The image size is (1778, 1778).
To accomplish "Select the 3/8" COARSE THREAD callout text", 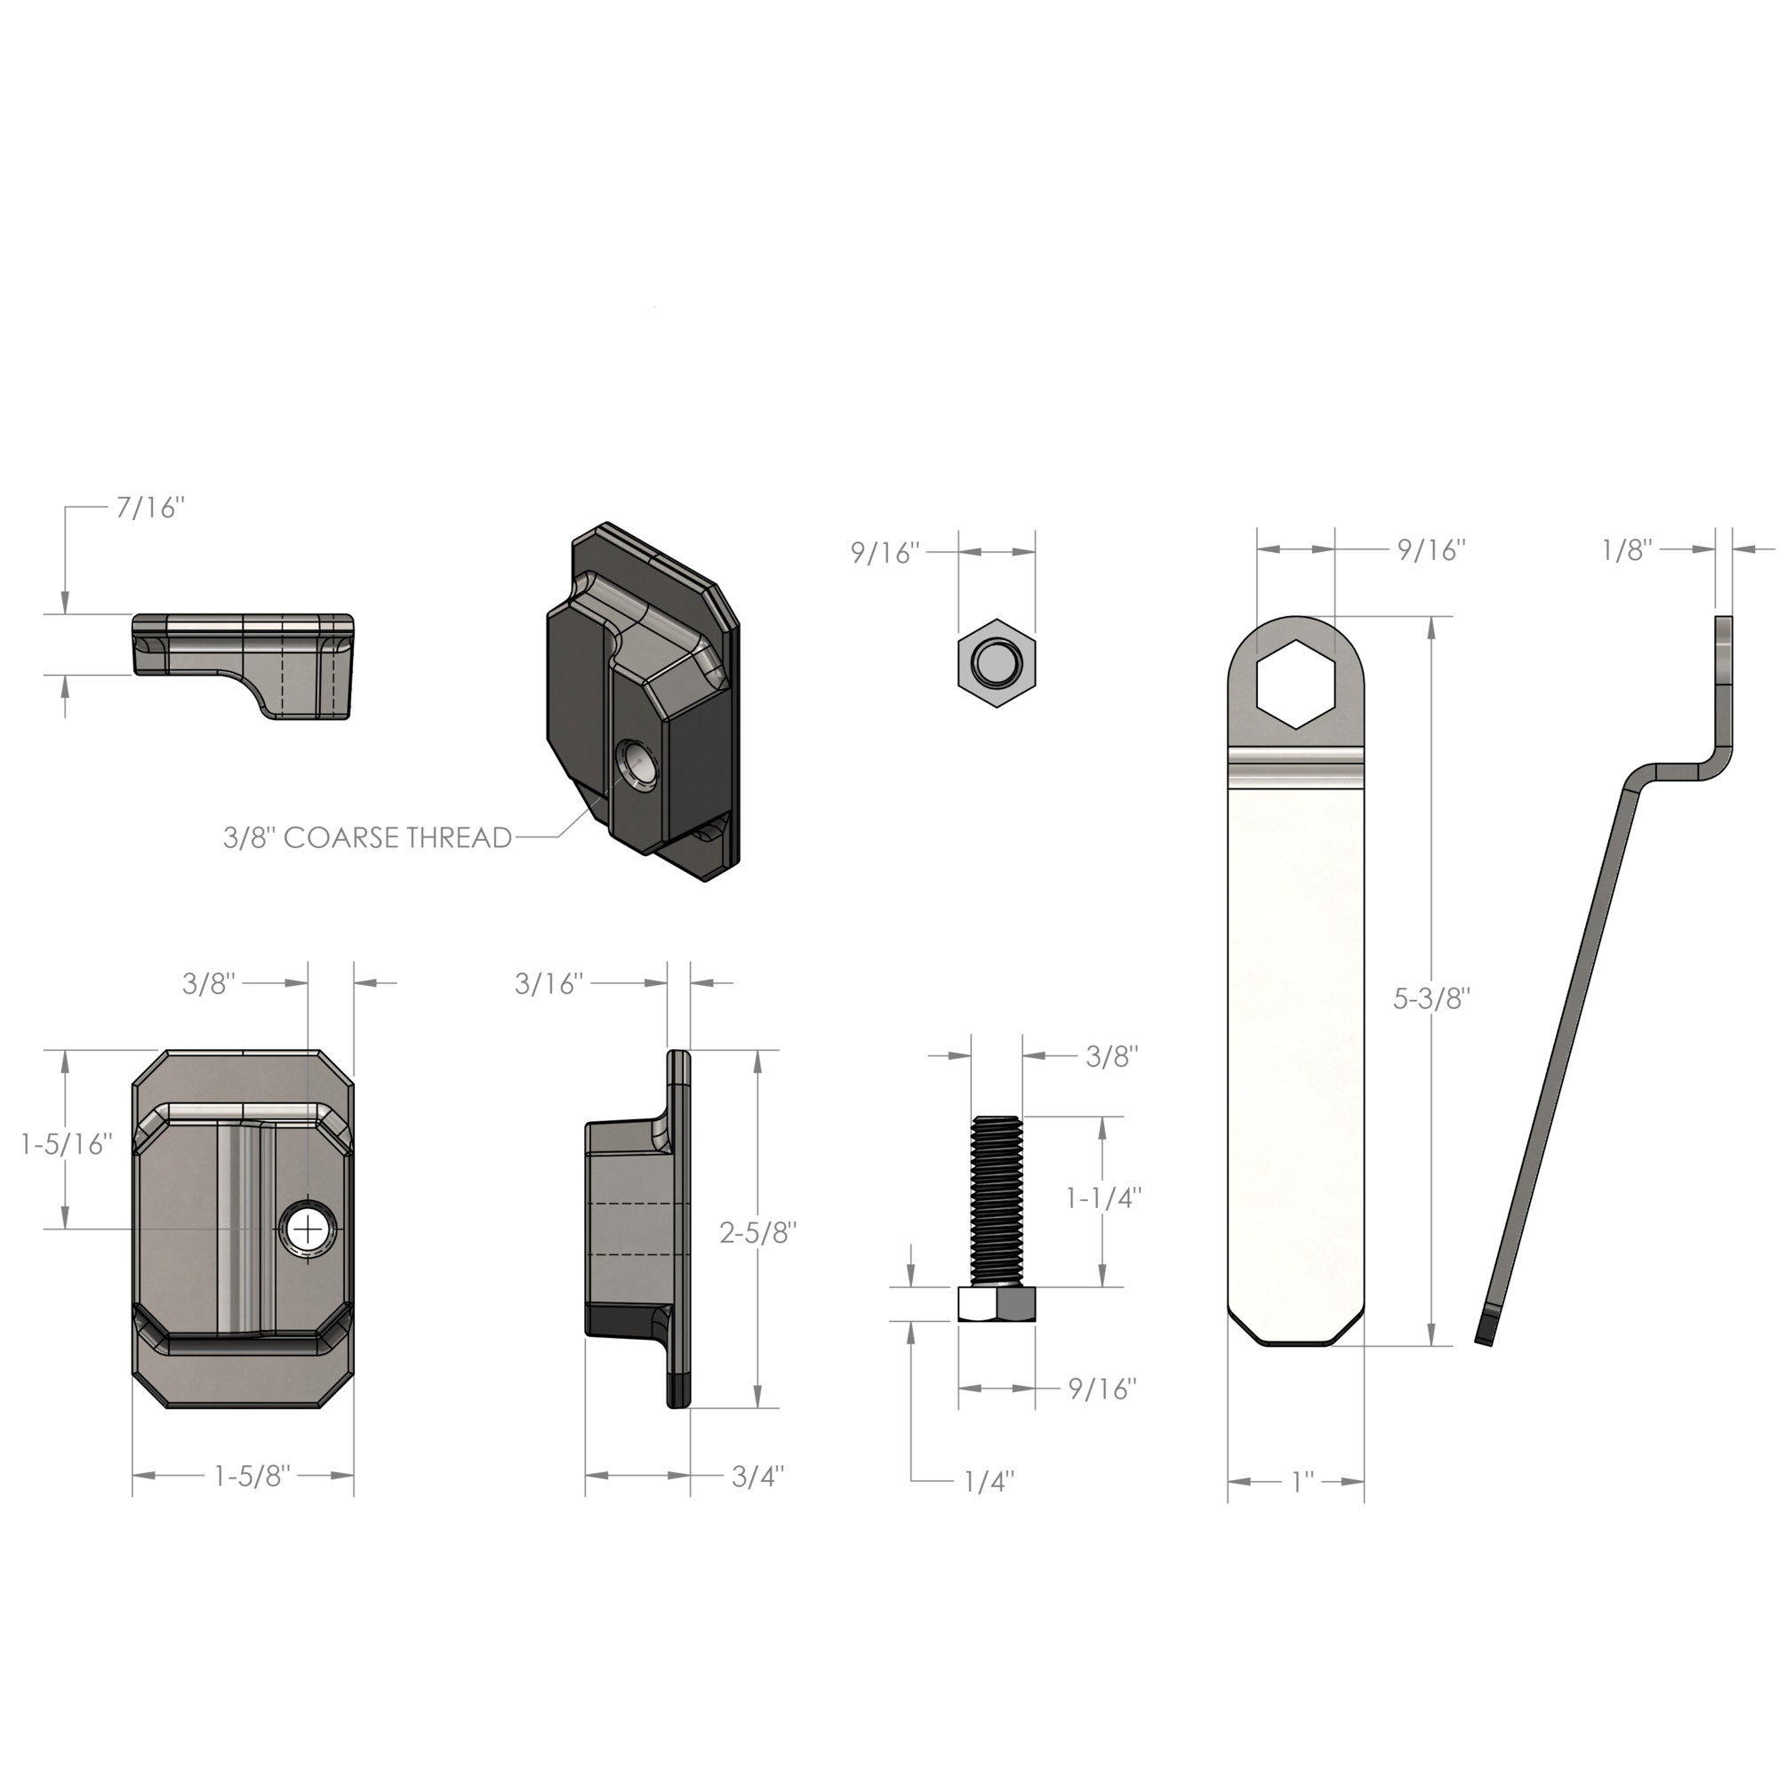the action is [367, 837].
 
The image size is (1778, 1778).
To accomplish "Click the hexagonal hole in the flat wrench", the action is [1297, 682].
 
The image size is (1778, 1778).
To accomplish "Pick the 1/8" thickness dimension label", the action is [1627, 550].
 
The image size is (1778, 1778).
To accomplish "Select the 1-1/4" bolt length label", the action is [1103, 1198].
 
